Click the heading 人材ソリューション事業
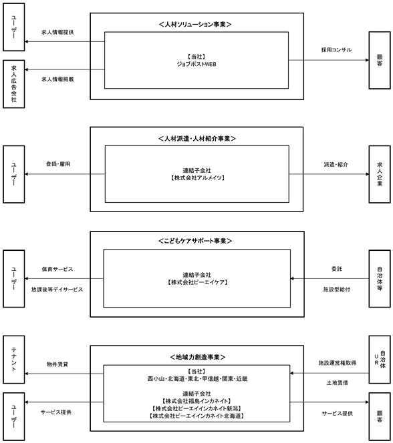(195, 25)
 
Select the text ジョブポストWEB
(196, 64)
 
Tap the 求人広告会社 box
(14, 84)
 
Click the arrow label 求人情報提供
(57, 32)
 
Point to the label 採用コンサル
(336, 50)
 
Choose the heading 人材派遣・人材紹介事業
(197, 139)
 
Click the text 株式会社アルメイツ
(197, 177)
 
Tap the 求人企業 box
(380, 174)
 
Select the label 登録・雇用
(58, 164)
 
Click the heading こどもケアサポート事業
(195, 241)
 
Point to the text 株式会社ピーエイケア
(197, 282)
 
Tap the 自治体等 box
(380, 279)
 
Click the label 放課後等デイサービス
(57, 290)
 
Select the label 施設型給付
(337, 290)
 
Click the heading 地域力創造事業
(197, 357)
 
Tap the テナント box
(14, 360)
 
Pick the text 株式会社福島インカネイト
(196, 401)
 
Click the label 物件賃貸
(57, 364)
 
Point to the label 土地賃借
(338, 383)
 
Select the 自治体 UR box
(380, 360)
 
